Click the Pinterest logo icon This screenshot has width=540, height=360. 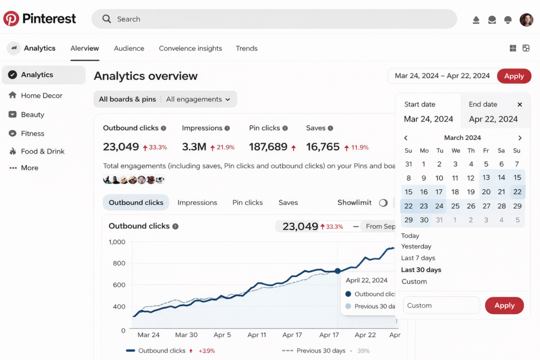point(11,19)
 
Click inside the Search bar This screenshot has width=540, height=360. point(274,19)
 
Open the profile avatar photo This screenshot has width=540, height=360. point(526,20)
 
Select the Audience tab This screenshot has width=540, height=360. point(129,48)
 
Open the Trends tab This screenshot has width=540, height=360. point(246,48)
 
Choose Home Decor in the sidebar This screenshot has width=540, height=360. point(41,95)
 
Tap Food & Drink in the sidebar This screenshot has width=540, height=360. point(42,151)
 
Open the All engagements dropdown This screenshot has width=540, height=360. point(198,99)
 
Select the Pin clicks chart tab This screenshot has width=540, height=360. point(247,202)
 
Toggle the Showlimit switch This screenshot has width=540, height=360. point(383,202)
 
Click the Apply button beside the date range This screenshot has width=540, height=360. point(514,76)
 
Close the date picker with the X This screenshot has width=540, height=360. point(519,104)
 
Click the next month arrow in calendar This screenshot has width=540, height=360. point(519,138)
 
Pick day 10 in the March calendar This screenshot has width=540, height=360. point(439,178)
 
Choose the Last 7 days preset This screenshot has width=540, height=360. point(418,258)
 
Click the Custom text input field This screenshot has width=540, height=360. point(441,305)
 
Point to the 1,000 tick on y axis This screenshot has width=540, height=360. point(117,242)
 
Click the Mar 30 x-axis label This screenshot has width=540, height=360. point(186,335)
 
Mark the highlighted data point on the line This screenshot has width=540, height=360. point(337,271)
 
